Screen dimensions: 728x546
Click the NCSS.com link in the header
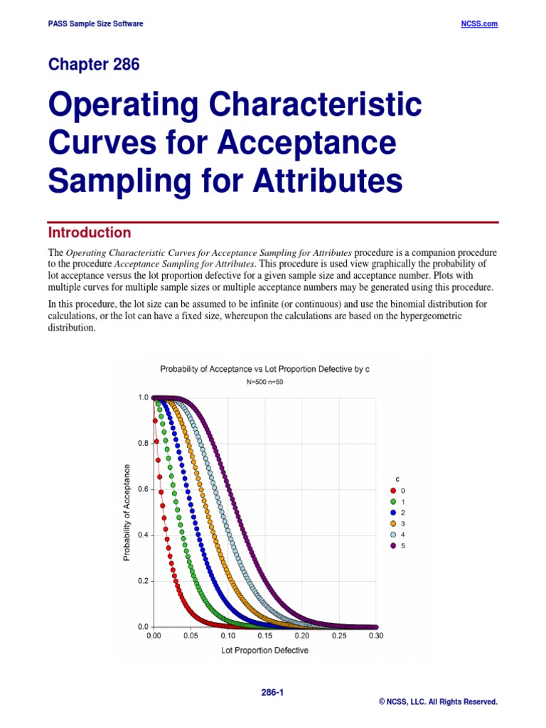click(480, 23)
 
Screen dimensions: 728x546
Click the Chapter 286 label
click(94, 65)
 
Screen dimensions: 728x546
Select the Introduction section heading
click(90, 232)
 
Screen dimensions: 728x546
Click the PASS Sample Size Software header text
click(95, 23)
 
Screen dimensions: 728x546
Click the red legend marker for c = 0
click(392, 491)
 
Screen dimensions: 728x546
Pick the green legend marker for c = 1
click(392, 502)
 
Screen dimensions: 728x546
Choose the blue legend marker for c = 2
click(392, 513)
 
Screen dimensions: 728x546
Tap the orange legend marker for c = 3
click(392, 524)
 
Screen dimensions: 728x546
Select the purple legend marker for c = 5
click(392, 545)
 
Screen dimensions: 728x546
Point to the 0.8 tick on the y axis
click(143, 444)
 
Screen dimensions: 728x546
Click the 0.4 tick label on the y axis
click(143, 535)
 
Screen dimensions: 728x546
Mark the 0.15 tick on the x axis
click(264, 636)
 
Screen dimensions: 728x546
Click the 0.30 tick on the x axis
click(375, 636)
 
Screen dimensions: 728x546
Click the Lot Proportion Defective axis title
click(264, 651)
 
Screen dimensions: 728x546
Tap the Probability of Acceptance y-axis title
click(127, 512)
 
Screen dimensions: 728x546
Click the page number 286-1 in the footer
click(272, 691)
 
